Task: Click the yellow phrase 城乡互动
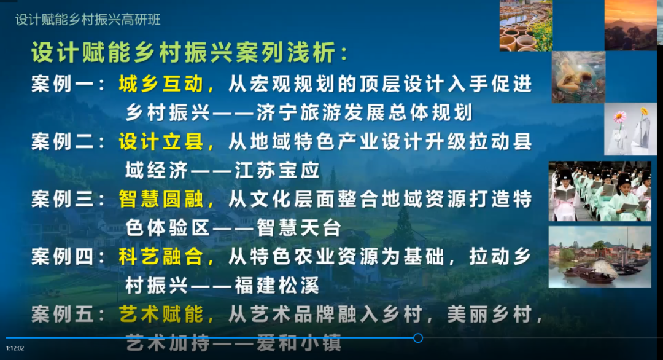[x=161, y=84]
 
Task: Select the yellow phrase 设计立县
[x=161, y=142]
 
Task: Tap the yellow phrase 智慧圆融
[x=161, y=199]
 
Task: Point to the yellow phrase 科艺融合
[x=161, y=257]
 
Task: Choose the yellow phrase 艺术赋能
[x=161, y=315]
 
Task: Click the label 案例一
[x=63, y=84]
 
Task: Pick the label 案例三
[x=63, y=199]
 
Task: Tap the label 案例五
[x=63, y=315]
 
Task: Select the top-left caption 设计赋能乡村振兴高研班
[x=88, y=20]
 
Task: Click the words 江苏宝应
[x=277, y=171]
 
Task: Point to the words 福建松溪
[x=277, y=286]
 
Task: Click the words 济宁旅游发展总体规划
[x=365, y=113]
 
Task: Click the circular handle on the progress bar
[x=418, y=338]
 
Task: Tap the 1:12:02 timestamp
[x=15, y=348]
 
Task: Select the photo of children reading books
[x=600, y=191]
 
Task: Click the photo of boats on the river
[x=600, y=257]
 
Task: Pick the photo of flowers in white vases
[x=630, y=129]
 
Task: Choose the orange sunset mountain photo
[x=630, y=25]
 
